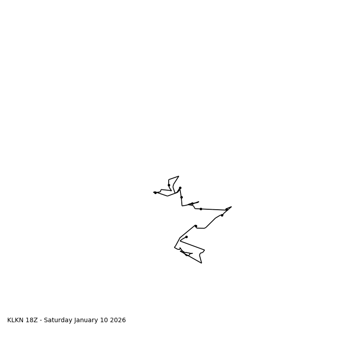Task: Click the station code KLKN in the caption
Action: pos(16,320)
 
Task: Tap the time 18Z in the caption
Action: pos(33,320)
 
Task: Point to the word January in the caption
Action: pos(87,320)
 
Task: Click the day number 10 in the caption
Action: pos(106,320)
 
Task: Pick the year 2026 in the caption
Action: pos(118,320)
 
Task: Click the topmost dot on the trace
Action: pos(169,185)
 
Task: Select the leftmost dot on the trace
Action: pos(155,193)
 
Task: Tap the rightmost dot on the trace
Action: pos(226,209)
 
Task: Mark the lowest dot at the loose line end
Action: pos(187,255)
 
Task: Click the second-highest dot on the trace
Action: pos(180,188)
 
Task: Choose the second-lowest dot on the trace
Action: pos(186,237)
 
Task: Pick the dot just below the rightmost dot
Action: pos(222,215)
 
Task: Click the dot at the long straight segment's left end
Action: pos(201,209)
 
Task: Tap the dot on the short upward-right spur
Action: pos(192,203)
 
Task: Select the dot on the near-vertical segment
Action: pos(181,197)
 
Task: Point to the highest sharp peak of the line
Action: pos(179,176)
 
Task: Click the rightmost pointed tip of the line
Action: pos(231,207)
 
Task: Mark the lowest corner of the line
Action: pos(201,263)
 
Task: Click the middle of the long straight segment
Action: pos(214,209)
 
